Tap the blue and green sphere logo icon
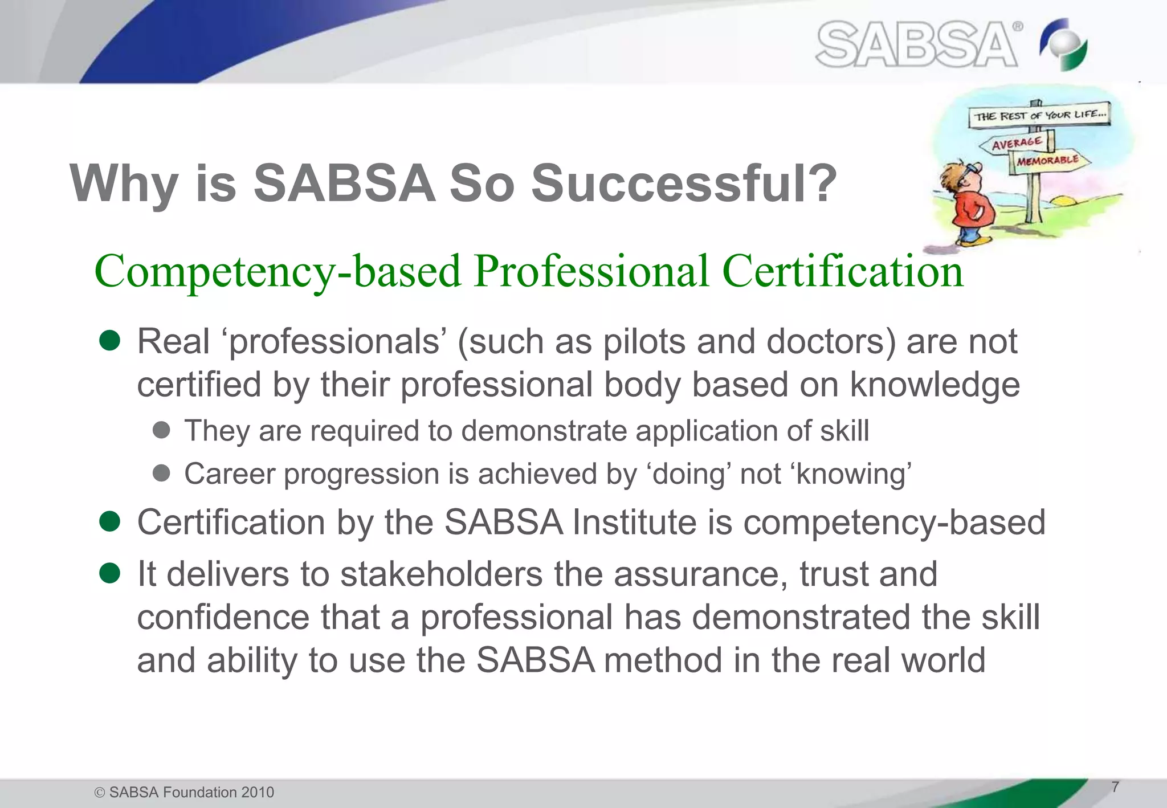pyautogui.click(x=1064, y=44)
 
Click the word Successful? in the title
pyautogui.click(x=684, y=183)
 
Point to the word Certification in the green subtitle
pyautogui.click(x=843, y=271)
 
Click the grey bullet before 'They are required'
pyautogui.click(x=162, y=430)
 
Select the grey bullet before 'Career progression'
pyautogui.click(x=162, y=473)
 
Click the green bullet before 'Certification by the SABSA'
pyautogui.click(x=109, y=521)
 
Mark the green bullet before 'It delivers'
pyautogui.click(x=109, y=573)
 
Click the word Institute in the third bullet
pyautogui.click(x=634, y=522)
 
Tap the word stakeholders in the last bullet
pyautogui.click(x=441, y=574)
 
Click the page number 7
pyautogui.click(x=1115, y=787)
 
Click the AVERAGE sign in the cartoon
pyautogui.click(x=1017, y=142)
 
